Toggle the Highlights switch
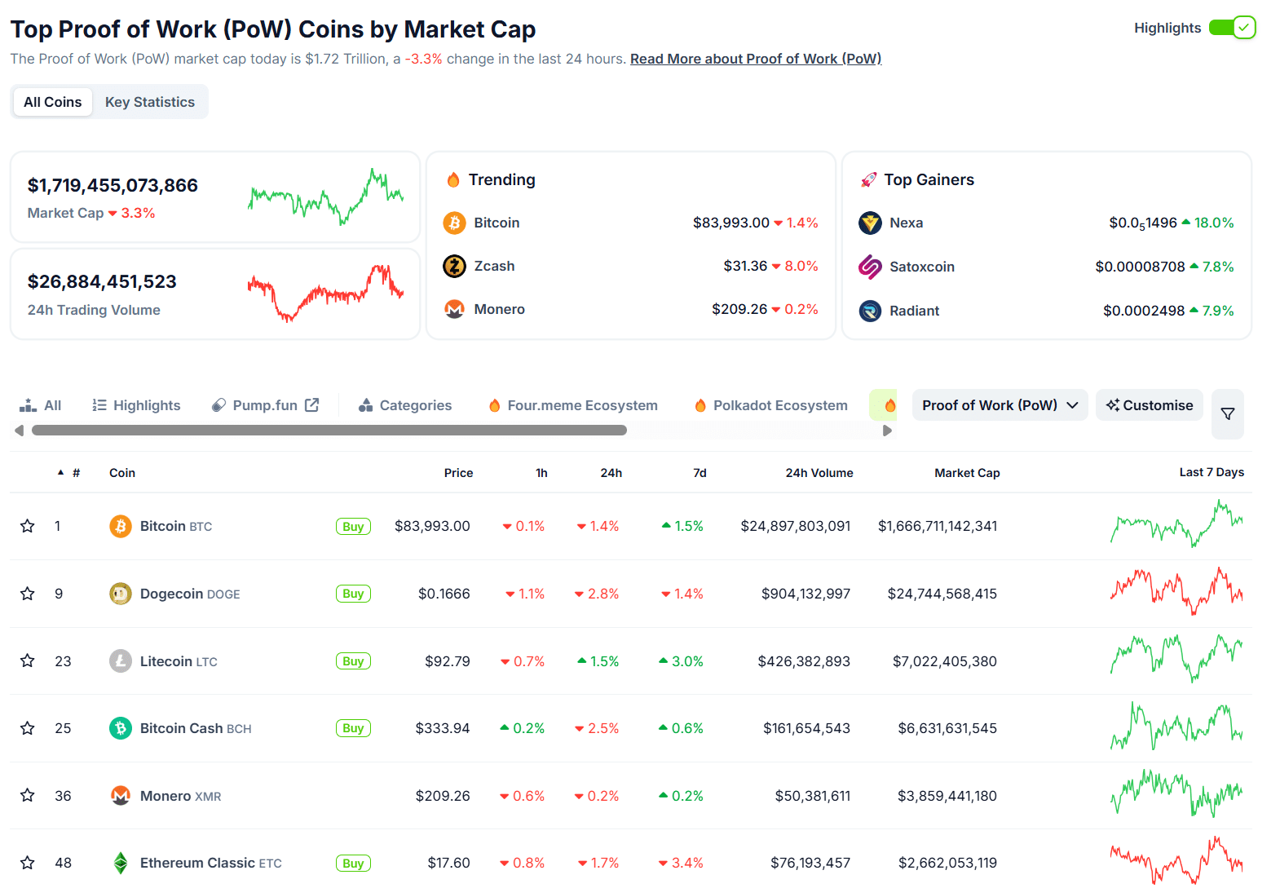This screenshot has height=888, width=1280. (1232, 28)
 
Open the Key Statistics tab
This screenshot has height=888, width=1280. (150, 102)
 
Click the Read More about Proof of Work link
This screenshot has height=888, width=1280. (755, 59)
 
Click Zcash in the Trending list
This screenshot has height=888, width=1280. (494, 266)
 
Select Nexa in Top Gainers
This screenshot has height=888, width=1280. (906, 223)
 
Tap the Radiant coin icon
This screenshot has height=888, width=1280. (870, 311)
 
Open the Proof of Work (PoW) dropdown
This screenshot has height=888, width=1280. (1000, 405)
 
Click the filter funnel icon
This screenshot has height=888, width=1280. (1227, 414)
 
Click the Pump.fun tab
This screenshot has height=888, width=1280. (265, 405)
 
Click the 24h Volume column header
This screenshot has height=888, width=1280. (819, 473)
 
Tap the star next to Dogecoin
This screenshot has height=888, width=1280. (28, 594)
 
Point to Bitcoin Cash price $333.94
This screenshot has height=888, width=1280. (442, 728)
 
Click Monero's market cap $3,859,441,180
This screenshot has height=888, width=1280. (947, 796)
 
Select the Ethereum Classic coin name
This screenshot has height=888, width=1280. (197, 863)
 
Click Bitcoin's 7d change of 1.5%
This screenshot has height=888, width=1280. (683, 526)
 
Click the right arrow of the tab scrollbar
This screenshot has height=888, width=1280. (887, 431)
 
